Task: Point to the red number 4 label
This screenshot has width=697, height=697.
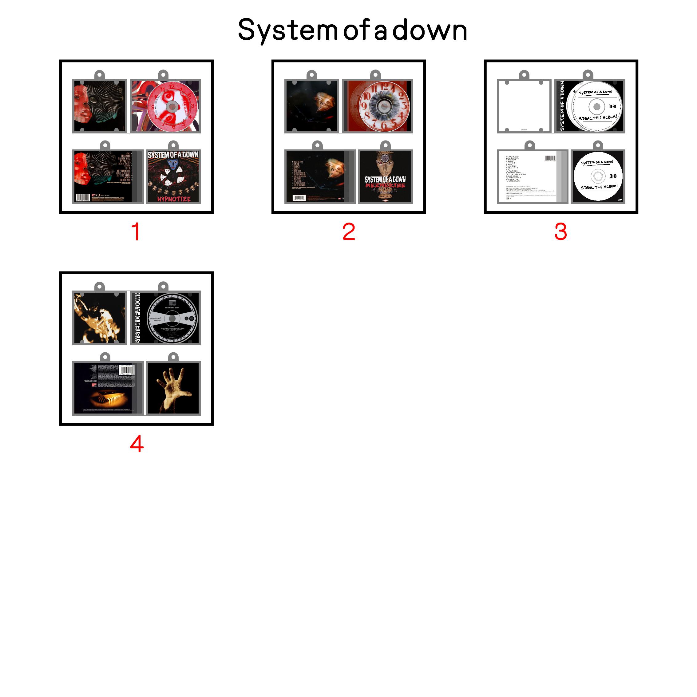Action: (x=137, y=444)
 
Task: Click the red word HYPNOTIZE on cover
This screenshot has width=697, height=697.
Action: (x=173, y=199)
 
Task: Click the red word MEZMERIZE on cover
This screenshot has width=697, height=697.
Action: (x=385, y=185)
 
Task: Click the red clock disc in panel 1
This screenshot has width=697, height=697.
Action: (x=172, y=106)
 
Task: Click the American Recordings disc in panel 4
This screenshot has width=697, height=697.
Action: (x=172, y=318)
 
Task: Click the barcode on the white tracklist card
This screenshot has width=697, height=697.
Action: (x=550, y=158)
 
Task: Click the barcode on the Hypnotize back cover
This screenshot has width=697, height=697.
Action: (x=83, y=197)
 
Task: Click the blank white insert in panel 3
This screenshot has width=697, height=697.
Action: (x=524, y=106)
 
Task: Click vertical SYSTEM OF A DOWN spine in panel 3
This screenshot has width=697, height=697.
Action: (x=562, y=106)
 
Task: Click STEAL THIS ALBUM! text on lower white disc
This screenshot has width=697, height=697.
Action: (x=599, y=187)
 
